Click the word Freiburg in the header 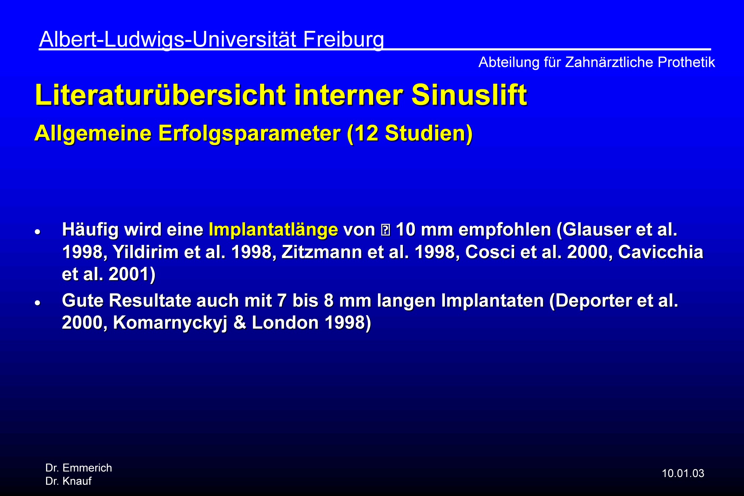[343, 39]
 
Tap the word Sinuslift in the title [469, 95]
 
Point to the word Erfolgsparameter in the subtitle [249, 134]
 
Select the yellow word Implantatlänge [273, 230]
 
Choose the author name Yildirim [145, 252]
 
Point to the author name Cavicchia [661, 252]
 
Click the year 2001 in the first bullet [129, 275]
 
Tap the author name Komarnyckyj [170, 323]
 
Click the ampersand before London [240, 323]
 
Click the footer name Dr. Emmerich [78, 468]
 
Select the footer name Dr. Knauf [68, 481]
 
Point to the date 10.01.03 [683, 473]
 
